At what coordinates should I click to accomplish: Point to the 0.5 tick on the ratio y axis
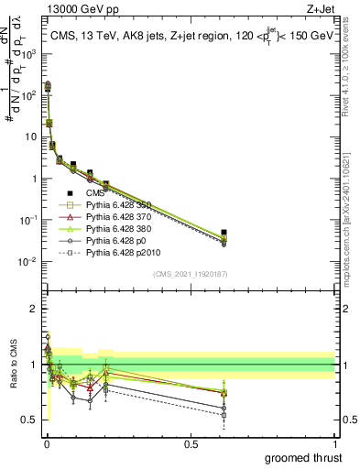(30, 420)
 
